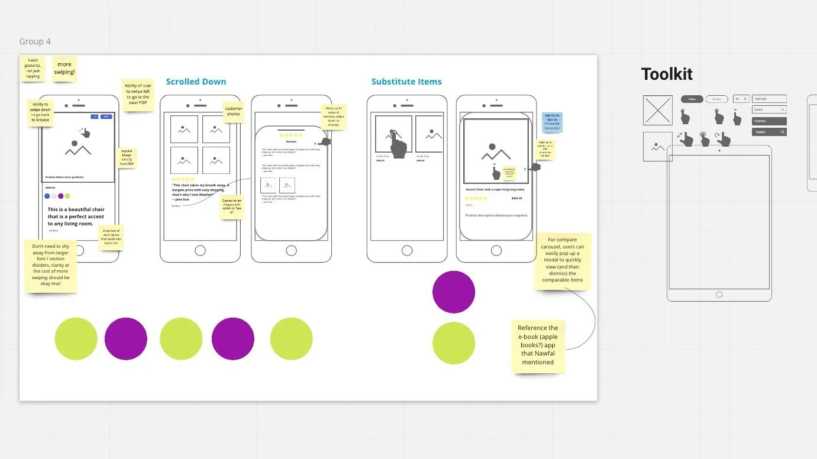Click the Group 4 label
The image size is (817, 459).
[35, 41]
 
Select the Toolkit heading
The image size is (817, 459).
[667, 75]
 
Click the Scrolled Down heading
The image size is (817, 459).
[196, 82]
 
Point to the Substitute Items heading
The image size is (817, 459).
[406, 82]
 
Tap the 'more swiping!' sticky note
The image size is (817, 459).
[64, 69]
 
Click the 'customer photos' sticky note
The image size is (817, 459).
[234, 111]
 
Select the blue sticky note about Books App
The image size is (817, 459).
[552, 122]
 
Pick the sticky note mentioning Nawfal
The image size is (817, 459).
[538, 345]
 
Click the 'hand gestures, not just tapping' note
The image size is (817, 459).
[33, 68]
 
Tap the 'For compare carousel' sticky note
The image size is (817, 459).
[562, 260]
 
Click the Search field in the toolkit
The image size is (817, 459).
[769, 132]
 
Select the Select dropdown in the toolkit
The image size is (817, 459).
[769, 109]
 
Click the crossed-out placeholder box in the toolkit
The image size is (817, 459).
[658, 111]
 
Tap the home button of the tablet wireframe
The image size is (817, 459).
[719, 295]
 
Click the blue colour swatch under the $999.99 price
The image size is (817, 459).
[47, 196]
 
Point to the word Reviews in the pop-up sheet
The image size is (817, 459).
[291, 142]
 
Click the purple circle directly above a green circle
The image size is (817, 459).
[454, 292]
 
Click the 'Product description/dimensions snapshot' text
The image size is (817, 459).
[496, 215]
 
